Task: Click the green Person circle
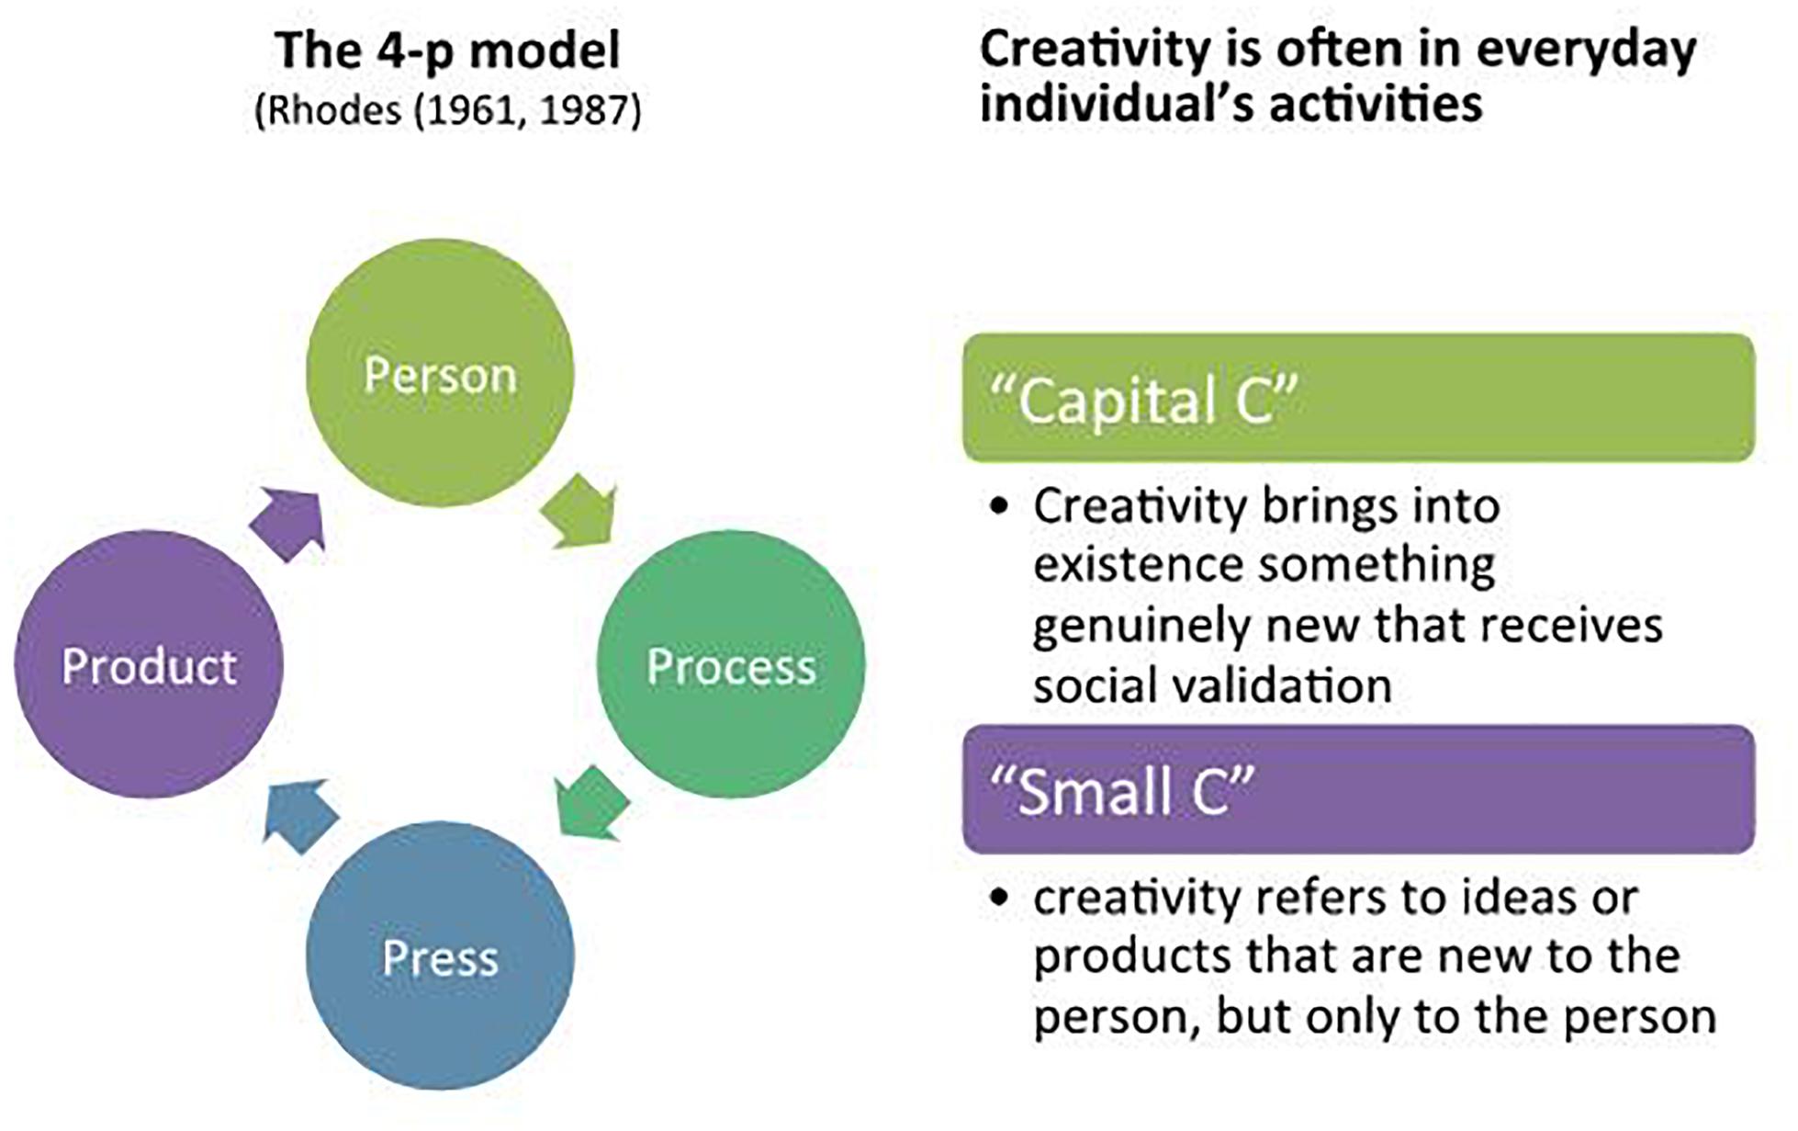(440, 373)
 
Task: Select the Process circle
(731, 664)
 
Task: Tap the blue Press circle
(440, 956)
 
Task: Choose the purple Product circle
(149, 664)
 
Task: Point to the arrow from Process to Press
(592, 801)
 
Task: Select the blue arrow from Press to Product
(301, 816)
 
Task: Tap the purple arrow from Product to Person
(287, 525)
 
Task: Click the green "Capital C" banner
(1359, 398)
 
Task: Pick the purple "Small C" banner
(1359, 789)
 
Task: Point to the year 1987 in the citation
(578, 111)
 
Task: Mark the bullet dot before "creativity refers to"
(1000, 898)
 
